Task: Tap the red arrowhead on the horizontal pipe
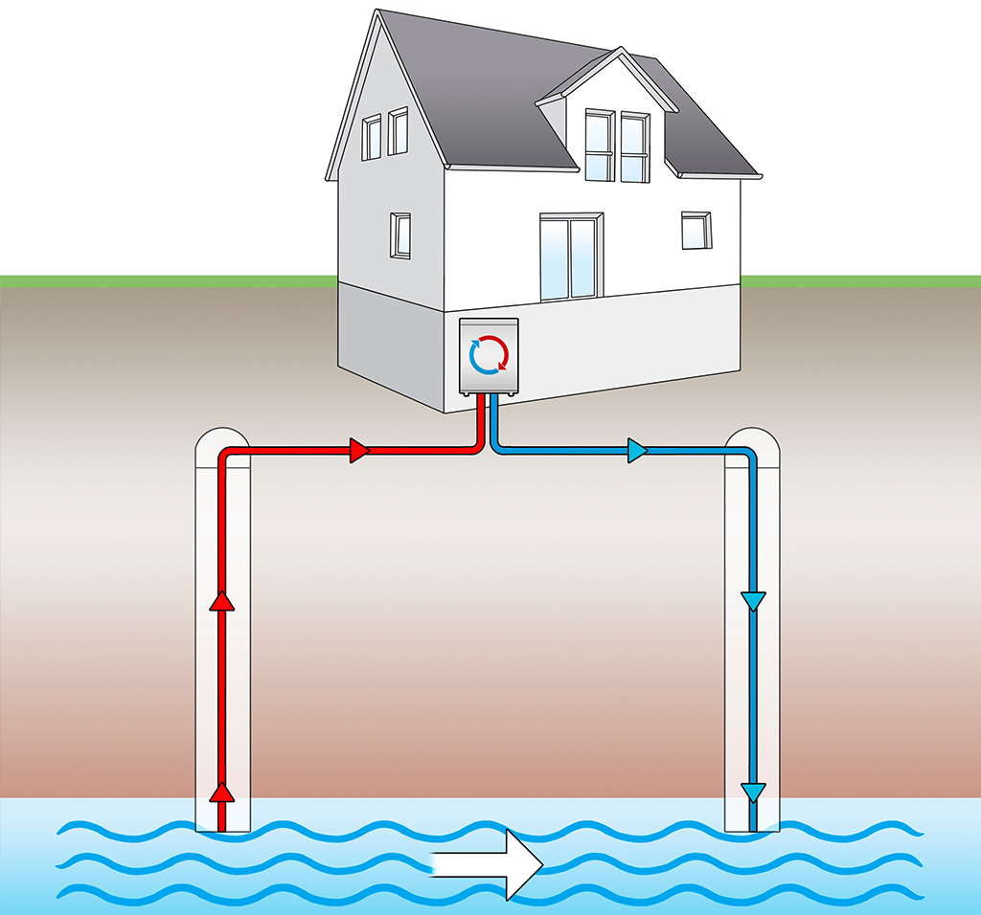point(359,450)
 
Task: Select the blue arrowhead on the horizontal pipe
point(637,450)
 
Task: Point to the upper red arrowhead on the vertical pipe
point(222,600)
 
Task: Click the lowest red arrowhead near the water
point(222,792)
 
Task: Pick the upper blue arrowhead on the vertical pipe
point(755,601)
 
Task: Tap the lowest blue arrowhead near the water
point(755,792)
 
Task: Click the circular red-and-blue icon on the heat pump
point(489,354)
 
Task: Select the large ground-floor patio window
point(570,257)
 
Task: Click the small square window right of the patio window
point(696,230)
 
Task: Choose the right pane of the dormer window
point(634,146)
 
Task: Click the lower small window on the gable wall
point(400,234)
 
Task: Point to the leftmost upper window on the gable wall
point(371,138)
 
